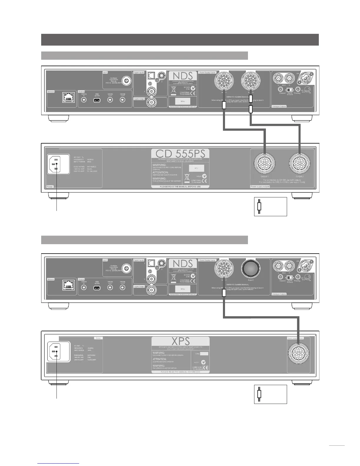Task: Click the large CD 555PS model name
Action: tap(180, 154)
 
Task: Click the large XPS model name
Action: tap(180, 341)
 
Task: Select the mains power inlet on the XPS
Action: tap(56, 352)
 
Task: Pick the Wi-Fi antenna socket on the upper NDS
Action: tap(127, 80)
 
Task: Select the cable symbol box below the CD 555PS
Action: tap(270, 207)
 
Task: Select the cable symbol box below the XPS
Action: tap(270, 394)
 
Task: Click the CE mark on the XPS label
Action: tap(206, 368)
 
